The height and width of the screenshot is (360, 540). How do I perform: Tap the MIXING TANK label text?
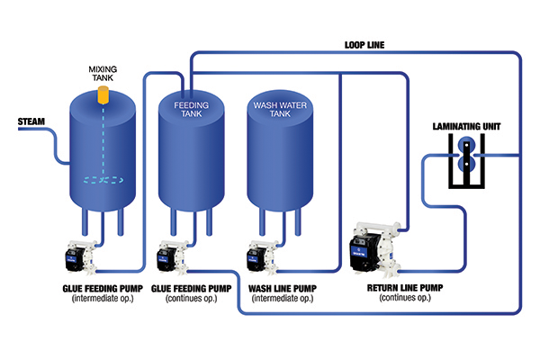tap(102, 73)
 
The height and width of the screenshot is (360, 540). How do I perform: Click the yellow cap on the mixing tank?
tap(103, 94)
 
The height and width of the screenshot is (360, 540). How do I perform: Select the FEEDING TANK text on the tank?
tap(190, 110)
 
